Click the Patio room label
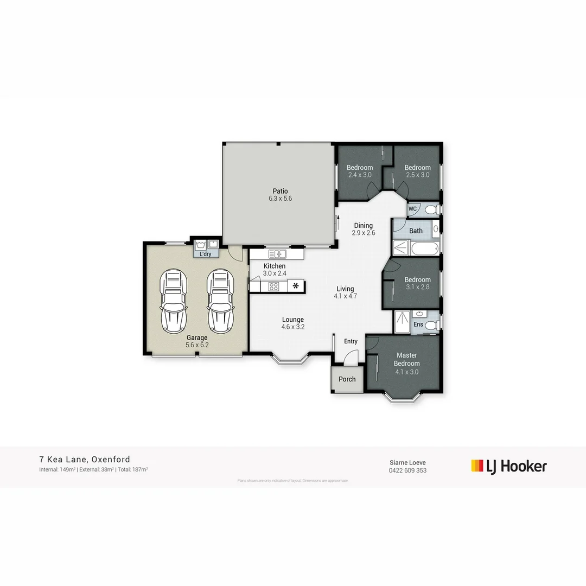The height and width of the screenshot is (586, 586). click(281, 191)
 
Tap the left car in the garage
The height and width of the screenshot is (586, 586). click(173, 301)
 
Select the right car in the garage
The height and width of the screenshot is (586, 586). click(220, 301)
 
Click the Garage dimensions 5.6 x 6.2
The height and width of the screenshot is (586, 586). click(197, 345)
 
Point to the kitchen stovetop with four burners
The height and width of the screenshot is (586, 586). click(274, 286)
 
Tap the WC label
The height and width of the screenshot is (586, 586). click(412, 209)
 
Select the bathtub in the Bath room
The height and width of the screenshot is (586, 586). click(424, 249)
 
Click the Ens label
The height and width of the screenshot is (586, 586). click(418, 324)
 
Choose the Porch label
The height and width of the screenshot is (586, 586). click(347, 379)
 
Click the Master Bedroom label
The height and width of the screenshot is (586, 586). click(406, 359)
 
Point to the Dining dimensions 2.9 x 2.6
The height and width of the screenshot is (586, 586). click(363, 233)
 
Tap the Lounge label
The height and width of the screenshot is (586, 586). click(292, 320)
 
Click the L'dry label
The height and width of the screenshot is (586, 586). click(206, 254)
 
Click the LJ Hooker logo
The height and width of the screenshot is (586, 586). click(509, 466)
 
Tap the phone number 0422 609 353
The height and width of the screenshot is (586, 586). click(407, 470)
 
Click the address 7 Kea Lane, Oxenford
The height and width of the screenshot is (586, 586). click(85, 460)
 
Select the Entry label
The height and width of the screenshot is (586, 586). click(351, 341)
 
